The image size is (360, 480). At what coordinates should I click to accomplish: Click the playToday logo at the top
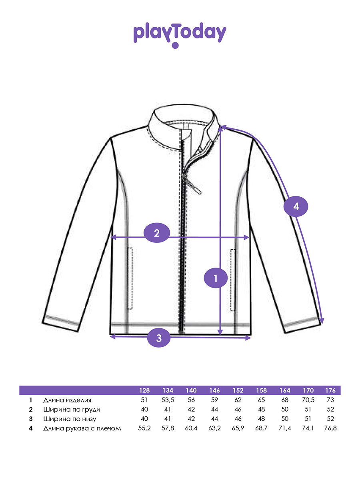tap(180, 35)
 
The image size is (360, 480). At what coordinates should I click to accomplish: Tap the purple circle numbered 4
tap(296, 206)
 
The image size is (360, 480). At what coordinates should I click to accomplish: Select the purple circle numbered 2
tap(157, 233)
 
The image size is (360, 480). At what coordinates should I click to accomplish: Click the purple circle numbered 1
tap(216, 278)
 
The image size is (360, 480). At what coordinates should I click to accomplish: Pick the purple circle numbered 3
tap(159, 338)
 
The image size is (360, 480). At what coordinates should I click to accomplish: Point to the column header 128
tap(144, 390)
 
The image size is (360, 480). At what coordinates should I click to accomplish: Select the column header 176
tap(330, 390)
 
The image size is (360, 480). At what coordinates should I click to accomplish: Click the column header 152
tap(238, 390)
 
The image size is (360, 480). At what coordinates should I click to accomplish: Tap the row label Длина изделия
tap(67, 400)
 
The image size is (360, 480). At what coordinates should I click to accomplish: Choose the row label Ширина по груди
tap(72, 409)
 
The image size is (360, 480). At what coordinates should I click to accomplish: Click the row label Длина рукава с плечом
tap(82, 428)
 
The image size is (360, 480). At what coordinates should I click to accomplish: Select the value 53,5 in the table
tap(168, 400)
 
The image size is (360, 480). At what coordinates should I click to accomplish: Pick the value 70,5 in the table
tap(308, 400)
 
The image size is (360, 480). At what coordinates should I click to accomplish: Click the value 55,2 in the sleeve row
tap(144, 428)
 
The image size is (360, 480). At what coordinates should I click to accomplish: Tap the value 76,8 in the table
tap(330, 428)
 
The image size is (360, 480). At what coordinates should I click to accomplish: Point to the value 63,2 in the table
tap(214, 428)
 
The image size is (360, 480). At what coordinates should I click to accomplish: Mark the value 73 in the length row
tap(330, 400)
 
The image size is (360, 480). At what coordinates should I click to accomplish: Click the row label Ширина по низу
tap(70, 419)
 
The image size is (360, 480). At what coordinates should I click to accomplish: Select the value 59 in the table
tap(214, 400)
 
